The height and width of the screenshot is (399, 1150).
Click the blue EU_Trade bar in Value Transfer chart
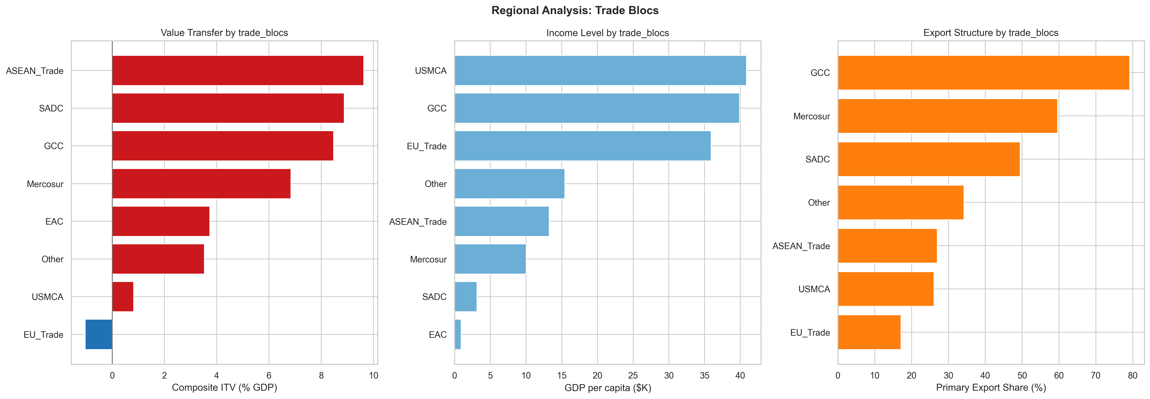99,334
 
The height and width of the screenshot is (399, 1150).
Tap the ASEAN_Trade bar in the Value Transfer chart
237,70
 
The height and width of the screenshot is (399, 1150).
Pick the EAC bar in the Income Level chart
458,334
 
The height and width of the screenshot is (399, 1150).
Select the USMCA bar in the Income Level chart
600,70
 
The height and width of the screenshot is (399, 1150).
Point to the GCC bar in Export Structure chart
983,73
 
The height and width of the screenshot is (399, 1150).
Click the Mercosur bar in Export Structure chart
947,116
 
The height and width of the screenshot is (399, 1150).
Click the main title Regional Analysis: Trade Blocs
575,10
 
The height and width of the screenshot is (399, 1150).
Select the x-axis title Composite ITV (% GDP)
224,387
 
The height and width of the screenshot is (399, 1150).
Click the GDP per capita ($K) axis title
608,387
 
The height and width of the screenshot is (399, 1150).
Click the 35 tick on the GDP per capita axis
705,375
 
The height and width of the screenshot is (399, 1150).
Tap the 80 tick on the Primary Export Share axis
1133,375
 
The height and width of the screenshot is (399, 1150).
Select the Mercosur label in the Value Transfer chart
45,184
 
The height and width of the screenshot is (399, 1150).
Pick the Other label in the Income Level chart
436,184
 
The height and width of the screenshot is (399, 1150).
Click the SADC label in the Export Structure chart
817,159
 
